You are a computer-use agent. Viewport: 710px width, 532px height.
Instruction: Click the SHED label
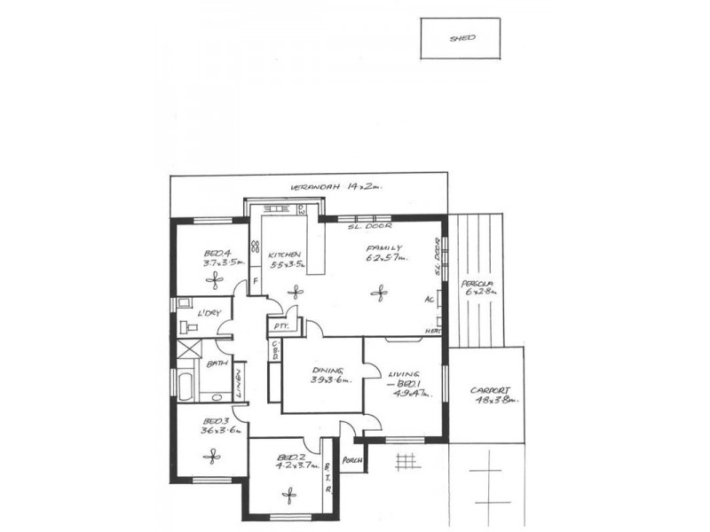(461, 39)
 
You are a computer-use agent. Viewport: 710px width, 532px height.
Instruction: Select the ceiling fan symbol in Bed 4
(216, 279)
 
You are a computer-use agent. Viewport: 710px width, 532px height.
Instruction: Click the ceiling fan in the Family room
(379, 292)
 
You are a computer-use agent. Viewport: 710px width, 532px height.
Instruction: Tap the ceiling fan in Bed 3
(211, 456)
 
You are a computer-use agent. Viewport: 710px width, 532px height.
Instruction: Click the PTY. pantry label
(280, 326)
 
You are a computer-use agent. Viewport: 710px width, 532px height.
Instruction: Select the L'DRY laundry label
(209, 313)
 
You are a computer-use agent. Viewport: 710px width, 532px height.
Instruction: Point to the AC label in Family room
(430, 300)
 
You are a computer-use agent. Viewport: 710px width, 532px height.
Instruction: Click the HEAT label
(433, 331)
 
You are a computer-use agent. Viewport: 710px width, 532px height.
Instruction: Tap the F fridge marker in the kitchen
(256, 283)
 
